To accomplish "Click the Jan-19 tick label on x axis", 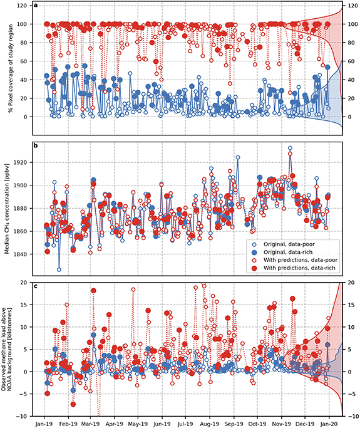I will coord(44,423).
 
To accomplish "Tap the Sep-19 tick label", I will coord(234,423).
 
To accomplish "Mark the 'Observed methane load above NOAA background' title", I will coord(8,349).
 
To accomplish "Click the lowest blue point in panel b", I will coord(59,269).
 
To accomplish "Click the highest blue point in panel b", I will coord(290,149).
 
